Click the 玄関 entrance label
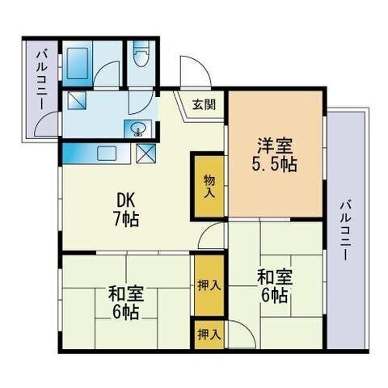pyautogui.click(x=204, y=104)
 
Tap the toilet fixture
pyautogui.click(x=141, y=54)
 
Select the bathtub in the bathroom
pyautogui.click(x=78, y=64)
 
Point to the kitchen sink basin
pyautogui.click(x=107, y=153)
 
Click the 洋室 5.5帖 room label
pyautogui.click(x=274, y=154)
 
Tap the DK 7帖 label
pyautogui.click(x=126, y=210)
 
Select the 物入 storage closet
pyautogui.click(x=209, y=186)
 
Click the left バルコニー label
pyautogui.click(x=42, y=80)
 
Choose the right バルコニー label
pyautogui.click(x=345, y=230)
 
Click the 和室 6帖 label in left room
pyautogui.click(x=125, y=302)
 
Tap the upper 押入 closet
pyautogui.click(x=209, y=285)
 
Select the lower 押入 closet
pyautogui.click(x=209, y=335)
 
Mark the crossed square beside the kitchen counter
pyautogui.click(x=145, y=154)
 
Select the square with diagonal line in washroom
pyautogui.click(x=77, y=100)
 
